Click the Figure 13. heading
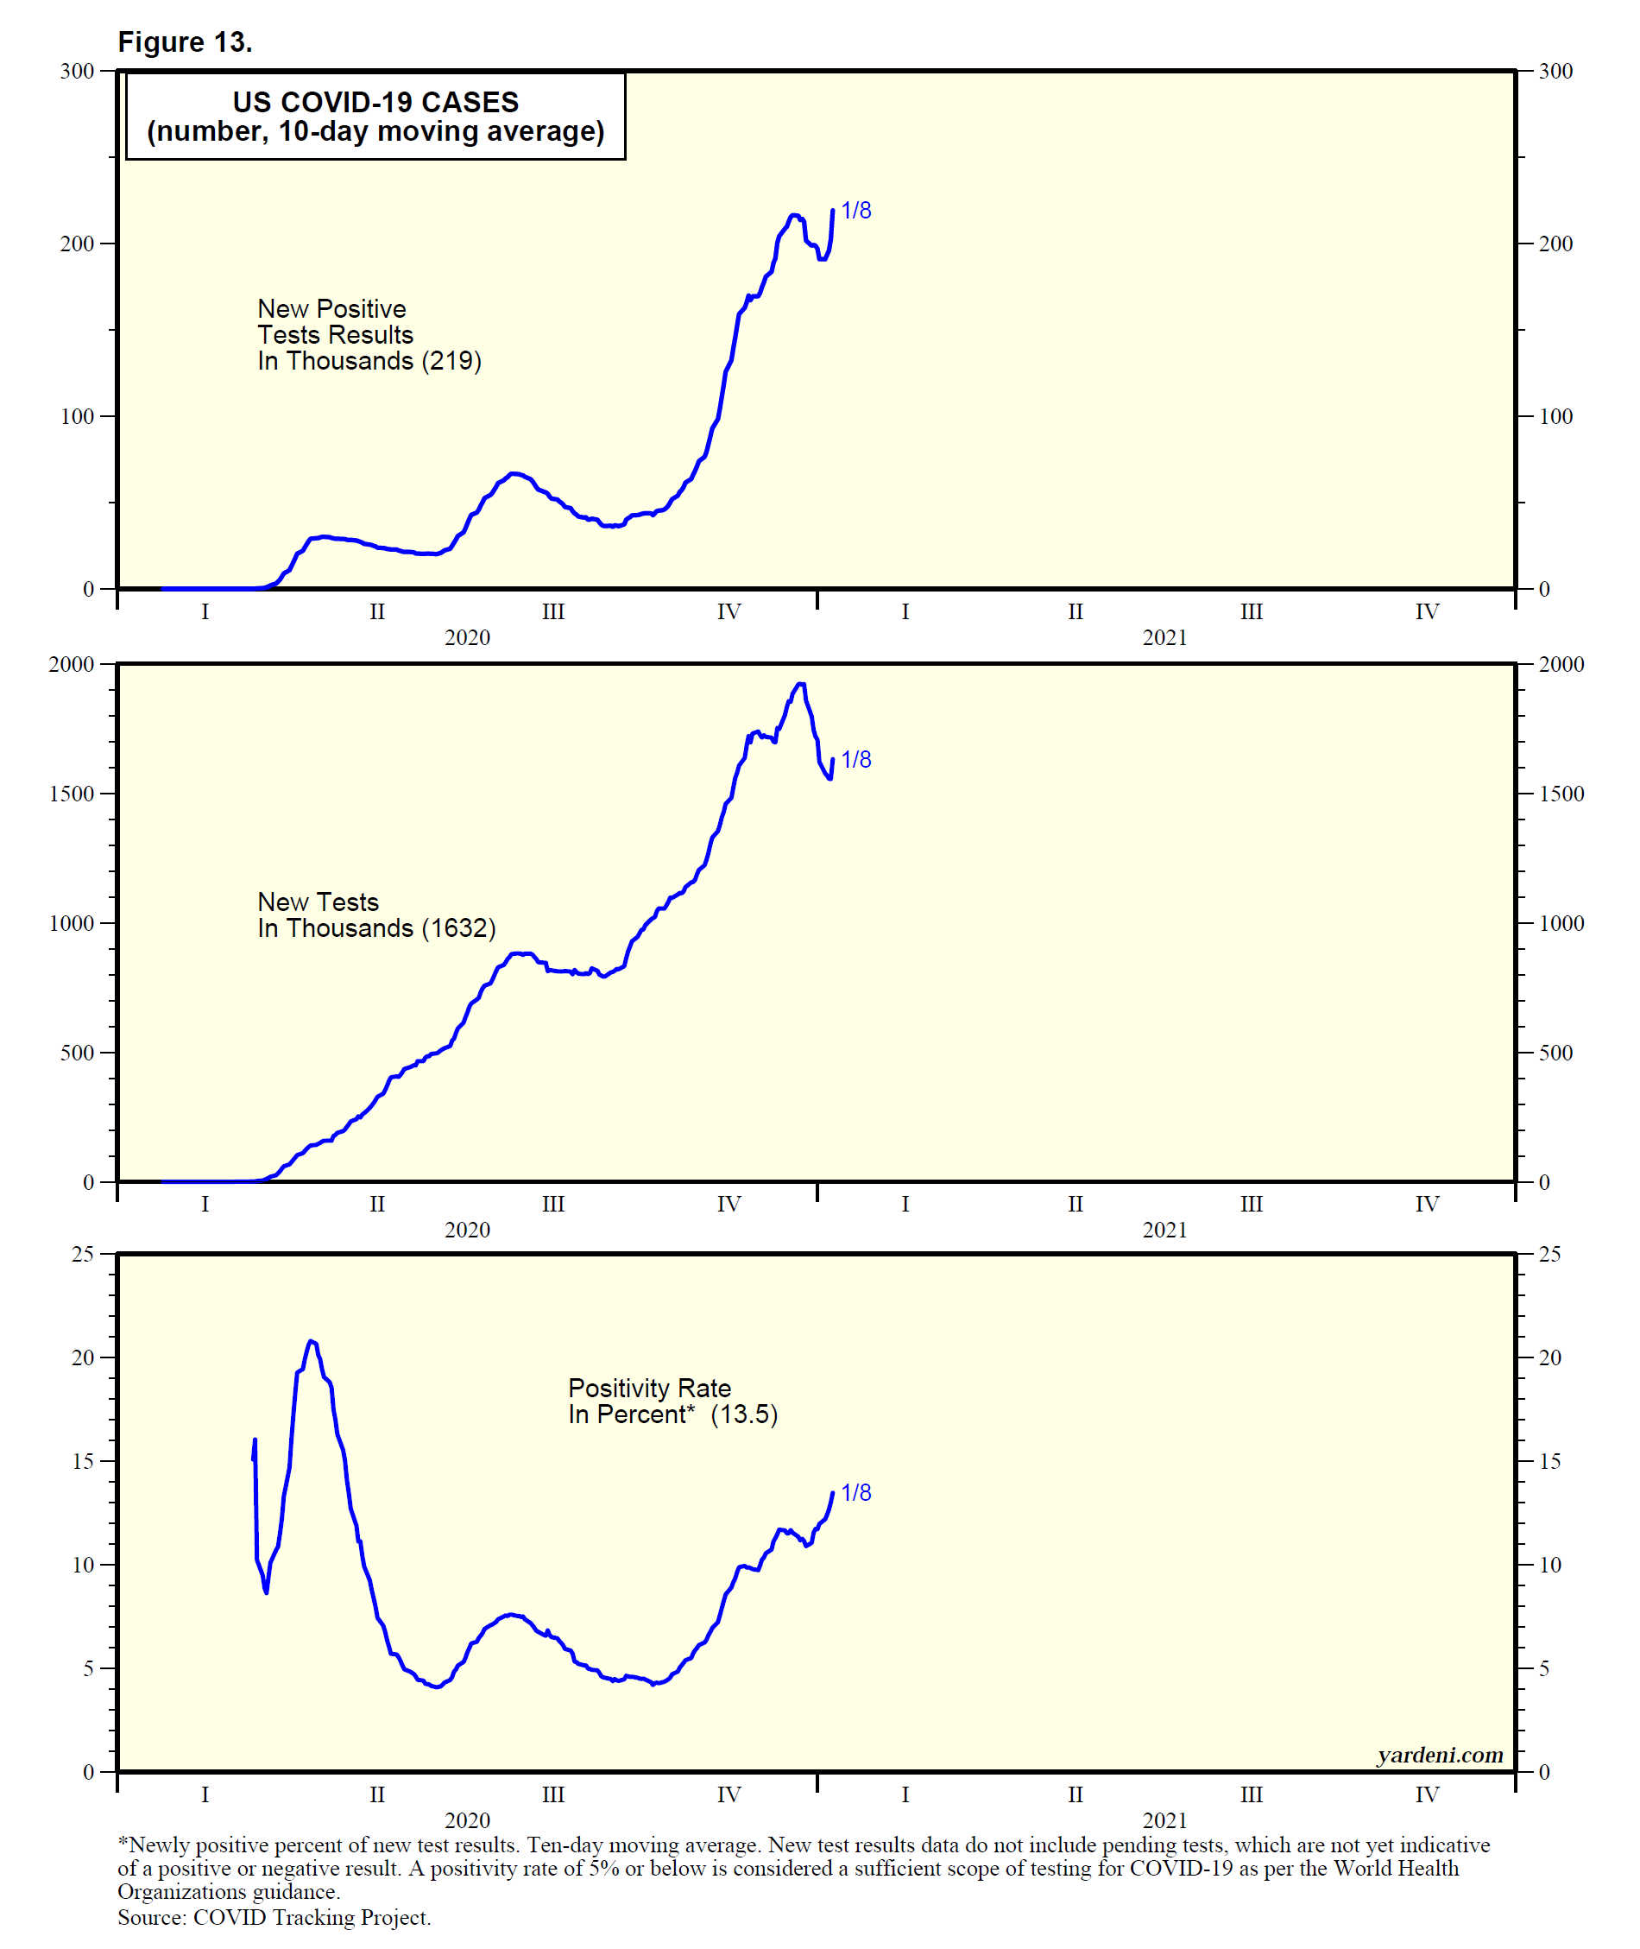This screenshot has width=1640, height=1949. pyautogui.click(x=185, y=43)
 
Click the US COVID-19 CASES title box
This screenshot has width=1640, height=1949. pyautogui.click(x=375, y=117)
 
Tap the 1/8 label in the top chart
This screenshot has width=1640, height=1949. pyautogui.click(x=856, y=211)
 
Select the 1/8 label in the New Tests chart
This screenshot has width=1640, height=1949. pyautogui.click(x=856, y=760)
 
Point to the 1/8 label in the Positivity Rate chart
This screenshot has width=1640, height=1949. pyautogui.click(x=856, y=1492)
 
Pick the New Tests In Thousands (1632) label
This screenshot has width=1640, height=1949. pyautogui.click(x=375, y=915)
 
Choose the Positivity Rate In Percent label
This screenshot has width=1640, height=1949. pyautogui.click(x=672, y=1402)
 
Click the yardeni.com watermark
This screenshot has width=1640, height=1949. pyautogui.click(x=1439, y=1755)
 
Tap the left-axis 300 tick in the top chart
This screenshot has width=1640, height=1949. pyautogui.click(x=77, y=72)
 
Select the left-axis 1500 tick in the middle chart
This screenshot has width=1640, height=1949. pyautogui.click(x=72, y=794)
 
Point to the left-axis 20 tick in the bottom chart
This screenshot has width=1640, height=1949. pyautogui.click(x=83, y=1357)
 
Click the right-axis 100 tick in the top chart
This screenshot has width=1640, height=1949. pyautogui.click(x=1555, y=416)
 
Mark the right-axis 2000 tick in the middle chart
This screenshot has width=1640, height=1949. pyautogui.click(x=1561, y=665)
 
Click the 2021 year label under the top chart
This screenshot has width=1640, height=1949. pyautogui.click(x=1164, y=638)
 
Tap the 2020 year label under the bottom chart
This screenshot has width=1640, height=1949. pyautogui.click(x=467, y=1820)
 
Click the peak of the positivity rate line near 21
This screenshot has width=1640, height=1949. pyautogui.click(x=312, y=1342)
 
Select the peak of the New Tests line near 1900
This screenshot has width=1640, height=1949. pyautogui.click(x=800, y=685)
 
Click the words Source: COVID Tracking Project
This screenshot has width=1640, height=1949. pyautogui.click(x=274, y=1917)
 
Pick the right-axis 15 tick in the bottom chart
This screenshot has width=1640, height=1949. pyautogui.click(x=1550, y=1461)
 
